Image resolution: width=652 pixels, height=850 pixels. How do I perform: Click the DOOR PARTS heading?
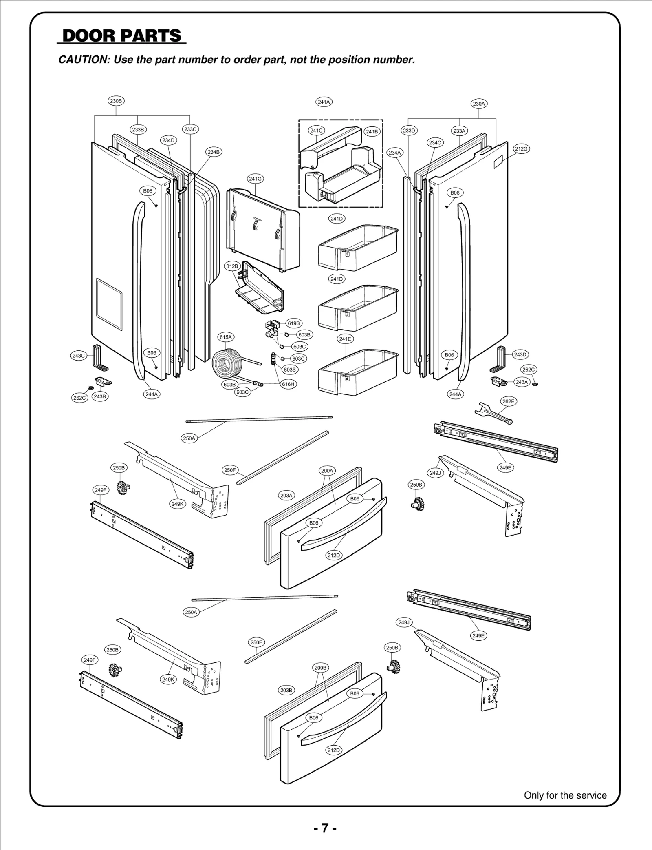(121, 36)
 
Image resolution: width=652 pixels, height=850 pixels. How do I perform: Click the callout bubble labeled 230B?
(116, 101)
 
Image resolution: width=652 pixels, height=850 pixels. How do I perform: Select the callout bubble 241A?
(324, 102)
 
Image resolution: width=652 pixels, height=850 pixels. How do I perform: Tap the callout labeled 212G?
(521, 149)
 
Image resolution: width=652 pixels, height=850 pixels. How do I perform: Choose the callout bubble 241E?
(345, 339)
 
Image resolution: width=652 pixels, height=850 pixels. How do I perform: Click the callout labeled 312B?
(232, 266)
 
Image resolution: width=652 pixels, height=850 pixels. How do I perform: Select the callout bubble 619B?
(293, 323)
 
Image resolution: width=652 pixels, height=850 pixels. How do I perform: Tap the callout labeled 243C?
(78, 356)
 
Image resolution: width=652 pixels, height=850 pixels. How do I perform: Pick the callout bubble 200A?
(327, 471)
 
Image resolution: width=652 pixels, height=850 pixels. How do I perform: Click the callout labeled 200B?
(320, 668)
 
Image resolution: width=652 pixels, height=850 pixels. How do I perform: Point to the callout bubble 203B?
(286, 690)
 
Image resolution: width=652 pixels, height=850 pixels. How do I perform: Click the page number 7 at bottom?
(325, 828)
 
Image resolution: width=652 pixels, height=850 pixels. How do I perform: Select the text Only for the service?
(565, 795)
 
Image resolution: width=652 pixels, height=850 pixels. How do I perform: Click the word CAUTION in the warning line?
(82, 60)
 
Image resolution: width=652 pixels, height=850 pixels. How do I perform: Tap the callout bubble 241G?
(255, 179)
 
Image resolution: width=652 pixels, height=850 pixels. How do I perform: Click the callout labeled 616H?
(288, 384)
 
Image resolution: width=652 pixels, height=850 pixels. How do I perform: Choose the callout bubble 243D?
(520, 354)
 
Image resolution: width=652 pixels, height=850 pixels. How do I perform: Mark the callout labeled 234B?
(214, 152)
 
